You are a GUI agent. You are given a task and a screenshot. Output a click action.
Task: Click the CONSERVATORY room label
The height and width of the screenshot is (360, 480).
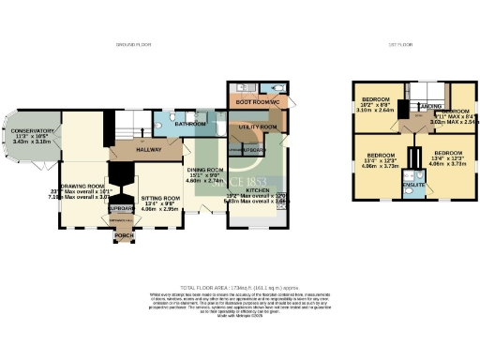click(x=33, y=131)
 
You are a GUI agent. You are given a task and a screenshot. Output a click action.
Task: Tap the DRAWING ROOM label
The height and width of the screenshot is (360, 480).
click(x=82, y=187)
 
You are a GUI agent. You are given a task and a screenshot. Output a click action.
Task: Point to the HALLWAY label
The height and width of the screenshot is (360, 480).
click(x=131, y=148)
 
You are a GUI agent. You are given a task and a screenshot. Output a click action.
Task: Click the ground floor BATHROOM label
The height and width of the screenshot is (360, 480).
click(x=189, y=124)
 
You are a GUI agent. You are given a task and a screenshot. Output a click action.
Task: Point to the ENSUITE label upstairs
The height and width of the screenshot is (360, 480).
click(x=412, y=186)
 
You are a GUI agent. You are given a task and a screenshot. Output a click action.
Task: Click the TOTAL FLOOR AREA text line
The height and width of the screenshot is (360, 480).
click(x=240, y=282)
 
